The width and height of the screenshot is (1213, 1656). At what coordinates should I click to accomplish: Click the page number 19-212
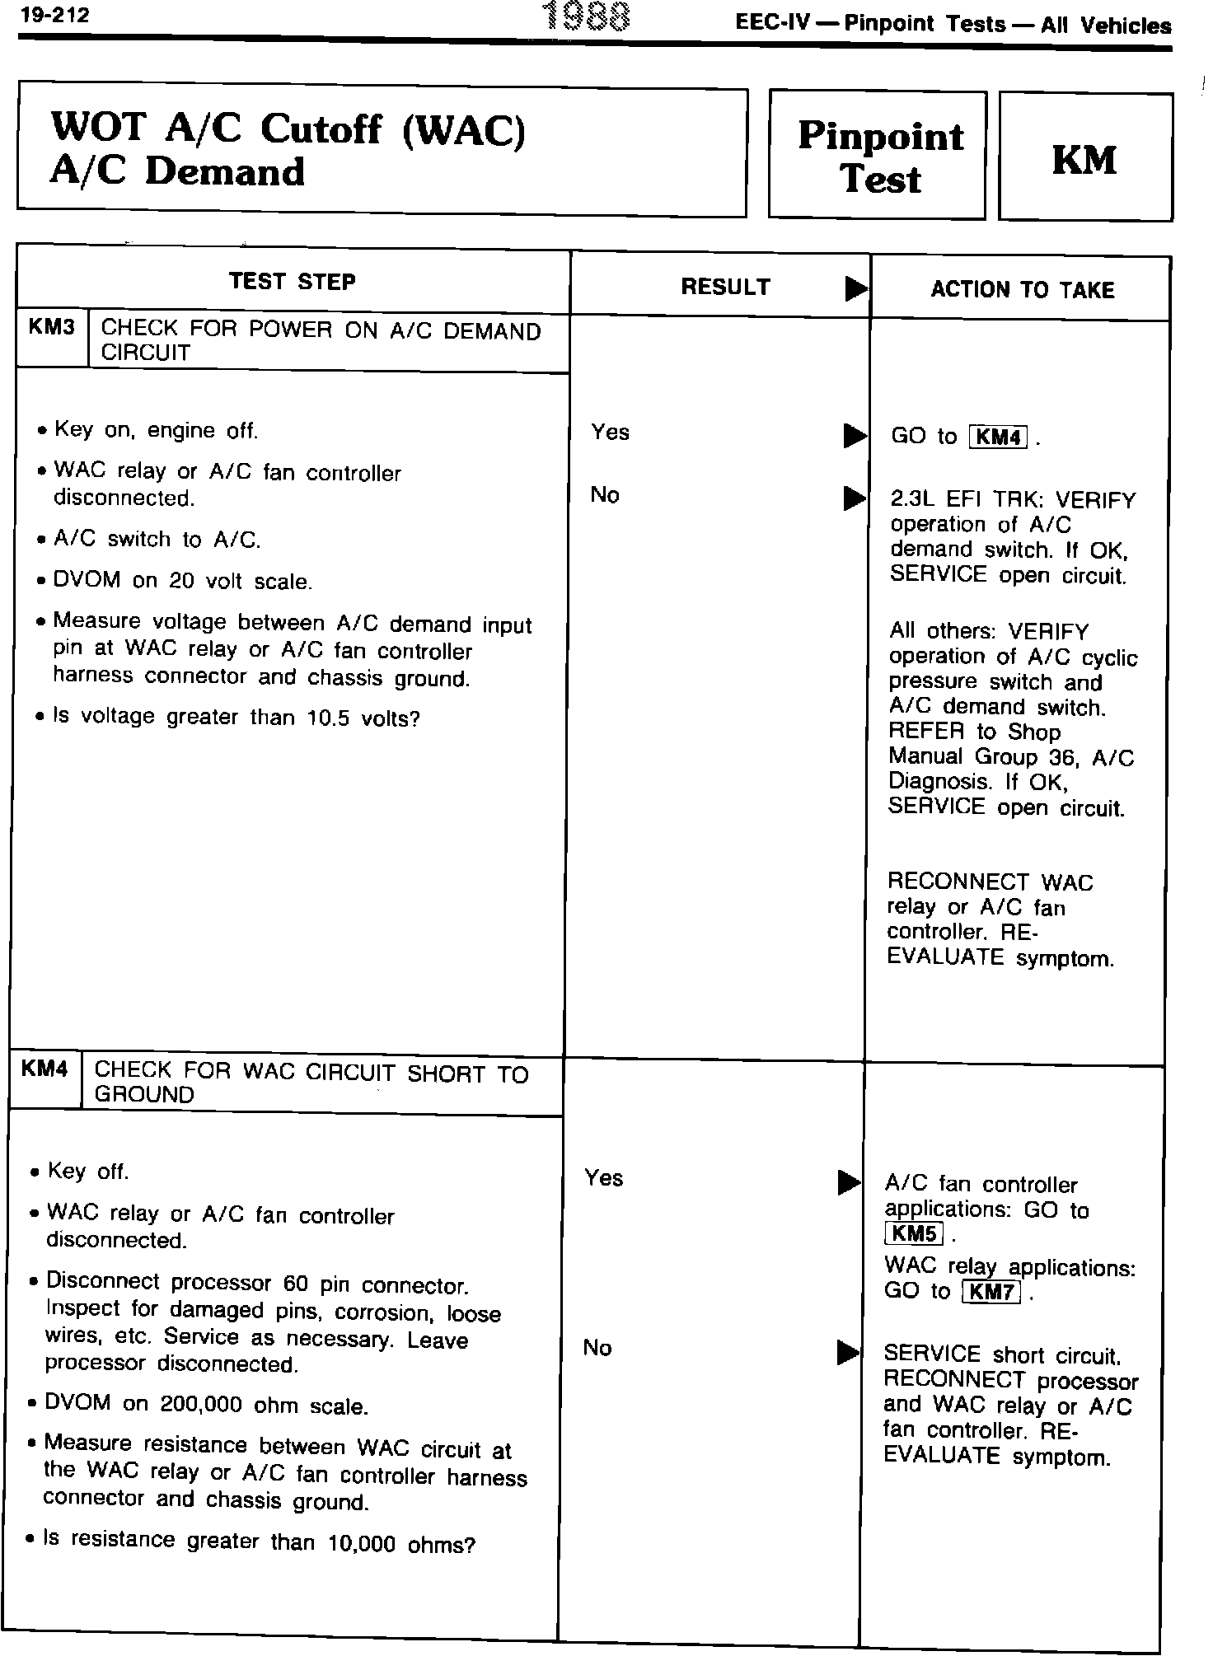point(54,16)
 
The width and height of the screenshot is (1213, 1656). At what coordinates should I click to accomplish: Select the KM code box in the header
point(1084,158)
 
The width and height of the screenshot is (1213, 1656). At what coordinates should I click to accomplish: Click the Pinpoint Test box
point(878,157)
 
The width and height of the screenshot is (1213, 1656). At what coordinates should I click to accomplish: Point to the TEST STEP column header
point(293,282)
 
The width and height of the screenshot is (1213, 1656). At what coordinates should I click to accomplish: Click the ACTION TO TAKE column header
point(1022,290)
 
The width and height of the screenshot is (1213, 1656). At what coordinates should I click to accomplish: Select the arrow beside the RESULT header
point(855,289)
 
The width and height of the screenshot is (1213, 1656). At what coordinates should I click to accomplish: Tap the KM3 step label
point(51,329)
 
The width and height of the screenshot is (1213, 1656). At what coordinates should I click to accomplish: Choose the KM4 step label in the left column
point(44,1069)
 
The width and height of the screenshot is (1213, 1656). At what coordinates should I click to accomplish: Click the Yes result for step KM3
point(610,433)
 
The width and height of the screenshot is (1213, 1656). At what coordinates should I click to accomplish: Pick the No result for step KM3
point(605,495)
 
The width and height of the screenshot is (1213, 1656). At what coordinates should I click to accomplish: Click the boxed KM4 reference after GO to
point(999,437)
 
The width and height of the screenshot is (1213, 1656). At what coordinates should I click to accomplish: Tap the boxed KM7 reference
point(991,1291)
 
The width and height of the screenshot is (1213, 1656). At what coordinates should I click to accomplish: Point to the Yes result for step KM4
point(603,1178)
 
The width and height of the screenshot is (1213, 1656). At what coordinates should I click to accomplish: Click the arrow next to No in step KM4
point(848,1352)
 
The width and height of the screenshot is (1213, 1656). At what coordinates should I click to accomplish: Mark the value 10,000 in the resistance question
point(362,1544)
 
